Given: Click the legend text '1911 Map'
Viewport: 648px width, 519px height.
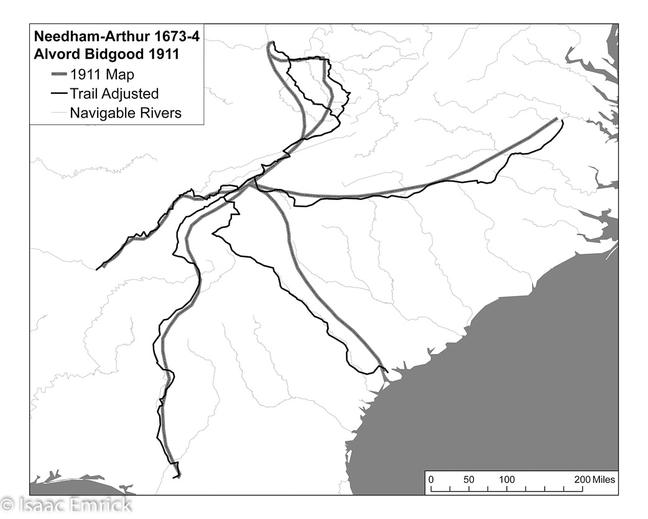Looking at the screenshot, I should [x=102, y=75].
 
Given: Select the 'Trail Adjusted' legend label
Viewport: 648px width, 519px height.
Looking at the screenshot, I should [x=114, y=94].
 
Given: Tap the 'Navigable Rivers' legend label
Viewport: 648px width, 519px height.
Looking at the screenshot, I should [x=126, y=113].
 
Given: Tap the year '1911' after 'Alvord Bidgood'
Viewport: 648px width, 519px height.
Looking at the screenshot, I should [x=162, y=54].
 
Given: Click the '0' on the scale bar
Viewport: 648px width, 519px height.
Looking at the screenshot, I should [x=430, y=480].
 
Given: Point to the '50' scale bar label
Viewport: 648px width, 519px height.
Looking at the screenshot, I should [x=469, y=480].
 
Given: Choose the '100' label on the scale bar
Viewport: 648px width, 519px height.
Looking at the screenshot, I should [x=507, y=480].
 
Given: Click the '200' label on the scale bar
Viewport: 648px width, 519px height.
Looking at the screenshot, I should [x=581, y=480].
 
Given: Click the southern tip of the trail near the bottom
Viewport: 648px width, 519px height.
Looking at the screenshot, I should [x=178, y=477].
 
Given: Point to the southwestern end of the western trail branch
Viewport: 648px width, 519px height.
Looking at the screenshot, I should [x=97, y=269].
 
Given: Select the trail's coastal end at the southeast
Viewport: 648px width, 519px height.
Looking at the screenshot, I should [x=387, y=372].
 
